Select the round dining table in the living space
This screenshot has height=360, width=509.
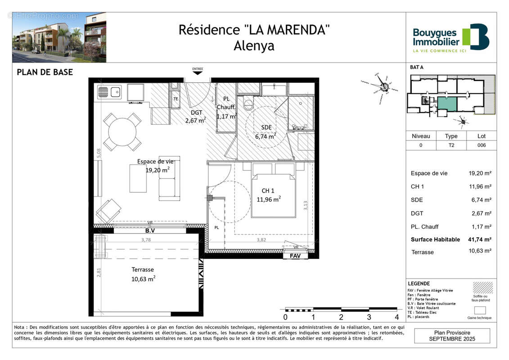[x=122, y=131]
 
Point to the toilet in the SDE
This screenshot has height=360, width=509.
[x=248, y=104]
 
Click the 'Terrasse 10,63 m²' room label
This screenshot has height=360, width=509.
[x=143, y=274]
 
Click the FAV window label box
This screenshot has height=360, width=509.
[x=295, y=255]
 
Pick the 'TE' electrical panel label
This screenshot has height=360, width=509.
[x=176, y=99]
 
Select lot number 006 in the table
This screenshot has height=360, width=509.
[x=482, y=145]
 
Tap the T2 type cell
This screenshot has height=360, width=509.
[x=451, y=145]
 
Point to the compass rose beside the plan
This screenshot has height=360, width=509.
[x=383, y=84]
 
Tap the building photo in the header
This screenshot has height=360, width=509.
[x=59, y=37]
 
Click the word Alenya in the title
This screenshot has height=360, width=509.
[x=254, y=46]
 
